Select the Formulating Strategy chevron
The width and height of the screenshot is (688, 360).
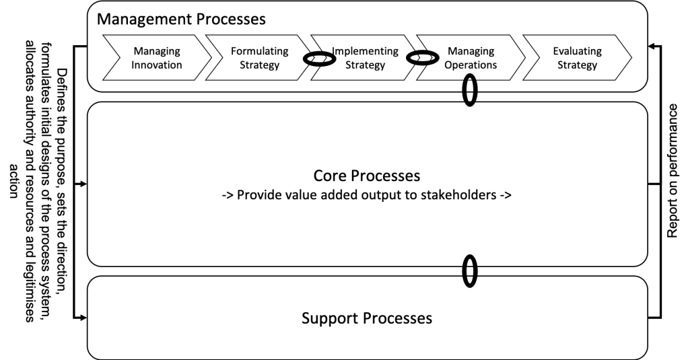point(259,58)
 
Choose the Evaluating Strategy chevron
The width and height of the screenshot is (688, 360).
point(577,58)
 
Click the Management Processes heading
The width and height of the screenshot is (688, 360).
point(181,18)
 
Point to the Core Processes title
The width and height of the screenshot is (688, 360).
point(367,176)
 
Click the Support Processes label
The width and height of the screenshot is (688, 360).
point(367,318)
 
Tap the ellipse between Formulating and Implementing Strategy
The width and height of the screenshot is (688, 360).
point(318,59)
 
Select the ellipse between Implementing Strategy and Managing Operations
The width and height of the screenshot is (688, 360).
point(423,59)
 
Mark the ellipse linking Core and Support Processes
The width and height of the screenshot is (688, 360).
point(470,270)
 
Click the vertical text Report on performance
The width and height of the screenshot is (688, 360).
point(672,172)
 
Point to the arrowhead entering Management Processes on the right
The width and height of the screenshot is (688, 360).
point(651,46)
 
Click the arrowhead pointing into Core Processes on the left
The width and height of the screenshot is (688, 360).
point(83,183)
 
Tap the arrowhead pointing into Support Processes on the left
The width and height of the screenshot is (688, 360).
point(83,318)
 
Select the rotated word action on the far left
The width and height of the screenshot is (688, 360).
point(13,180)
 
